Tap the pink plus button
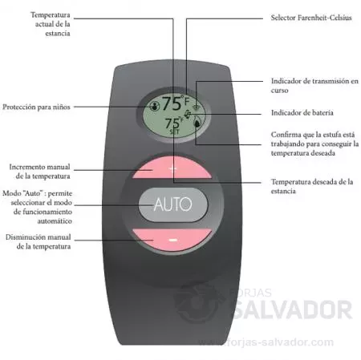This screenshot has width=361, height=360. tap(172, 168)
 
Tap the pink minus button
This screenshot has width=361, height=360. tap(172, 240)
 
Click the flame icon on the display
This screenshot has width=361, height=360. tap(197, 123)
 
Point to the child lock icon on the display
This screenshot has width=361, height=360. tap(154, 107)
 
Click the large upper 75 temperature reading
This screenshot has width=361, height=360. tap(172, 103)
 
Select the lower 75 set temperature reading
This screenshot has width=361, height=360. tap(172, 123)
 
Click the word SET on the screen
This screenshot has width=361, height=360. tap(175, 131)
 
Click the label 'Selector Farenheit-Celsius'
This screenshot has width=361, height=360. tap(311, 18)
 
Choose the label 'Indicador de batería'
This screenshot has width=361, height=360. tap(302, 112)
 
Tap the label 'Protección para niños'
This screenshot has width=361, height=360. tap(36, 107)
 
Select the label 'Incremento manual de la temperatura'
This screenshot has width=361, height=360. tap(40, 172)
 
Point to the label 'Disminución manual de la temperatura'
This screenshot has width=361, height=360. tap(39, 241)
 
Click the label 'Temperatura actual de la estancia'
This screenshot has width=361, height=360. tap(51, 24)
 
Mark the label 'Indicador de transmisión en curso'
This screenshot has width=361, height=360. tap(314, 85)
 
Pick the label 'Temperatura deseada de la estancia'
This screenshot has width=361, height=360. tap(312, 186)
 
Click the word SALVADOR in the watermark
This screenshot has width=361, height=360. tap(293, 309)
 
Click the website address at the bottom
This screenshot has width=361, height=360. tap(266, 342)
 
